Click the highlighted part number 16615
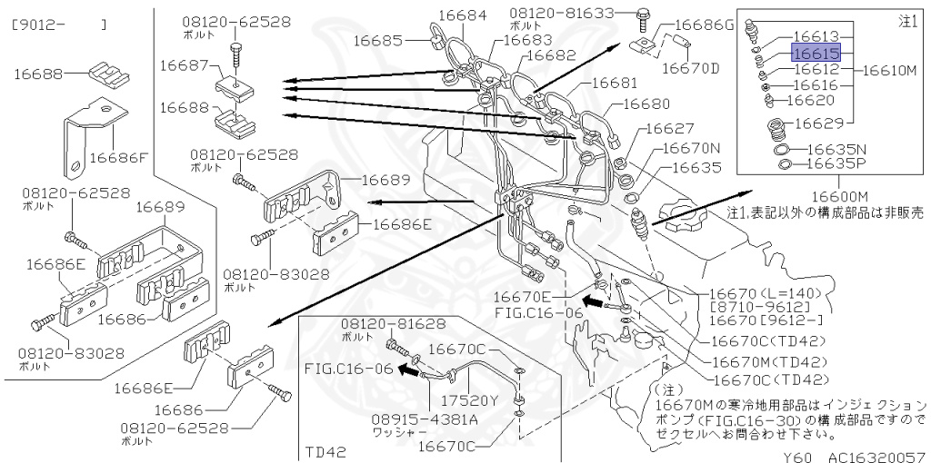(x=816, y=53)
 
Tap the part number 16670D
(x=689, y=67)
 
